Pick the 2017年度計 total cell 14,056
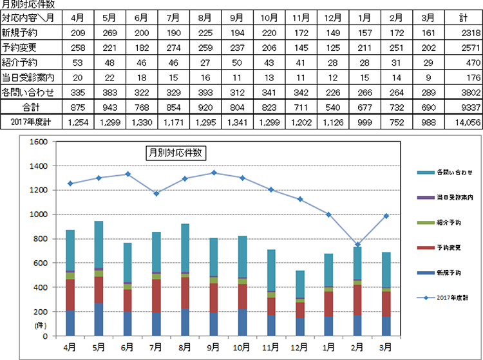pos(463,121)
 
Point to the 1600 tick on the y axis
pos(37,142)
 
